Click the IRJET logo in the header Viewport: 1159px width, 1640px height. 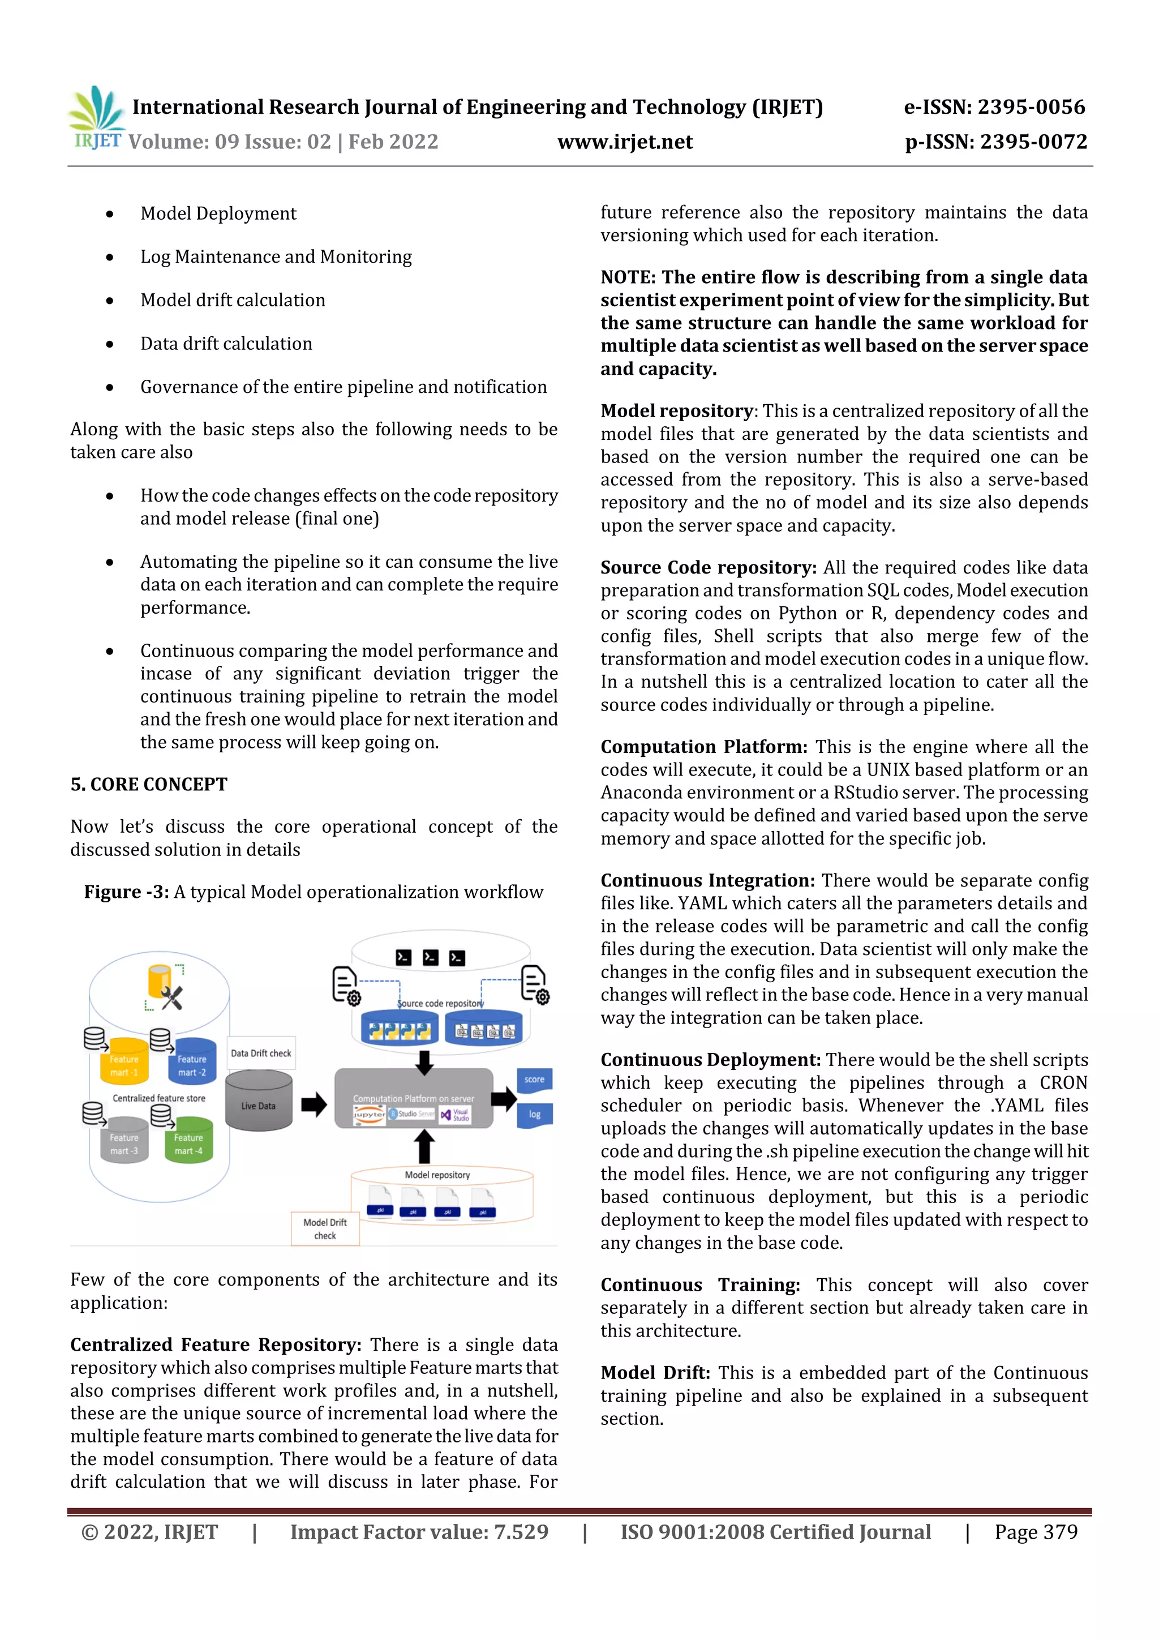tap(96, 118)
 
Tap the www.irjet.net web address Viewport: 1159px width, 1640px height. tap(625, 142)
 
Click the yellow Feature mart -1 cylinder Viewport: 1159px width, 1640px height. tap(125, 1063)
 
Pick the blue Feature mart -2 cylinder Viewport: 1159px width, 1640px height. tap(192, 1062)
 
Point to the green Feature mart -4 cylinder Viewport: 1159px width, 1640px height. tap(188, 1141)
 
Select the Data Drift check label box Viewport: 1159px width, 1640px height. tap(261, 1053)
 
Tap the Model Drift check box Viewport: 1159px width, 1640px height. tap(325, 1228)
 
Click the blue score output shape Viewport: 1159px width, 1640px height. tap(534, 1080)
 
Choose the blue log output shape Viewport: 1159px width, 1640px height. tap(534, 1114)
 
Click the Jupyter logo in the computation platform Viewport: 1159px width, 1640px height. tap(369, 1114)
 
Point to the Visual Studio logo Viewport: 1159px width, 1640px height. tap(455, 1114)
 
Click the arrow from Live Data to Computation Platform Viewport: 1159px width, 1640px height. tap(314, 1104)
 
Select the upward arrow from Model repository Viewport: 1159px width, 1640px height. tap(425, 1146)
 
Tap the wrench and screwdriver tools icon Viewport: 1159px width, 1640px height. tap(171, 998)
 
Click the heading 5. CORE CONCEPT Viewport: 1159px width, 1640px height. tap(148, 784)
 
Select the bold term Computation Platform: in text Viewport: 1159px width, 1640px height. tap(703, 747)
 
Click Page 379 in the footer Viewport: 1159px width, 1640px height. tap(1036, 1531)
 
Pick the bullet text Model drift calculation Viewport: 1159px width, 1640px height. tap(233, 300)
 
